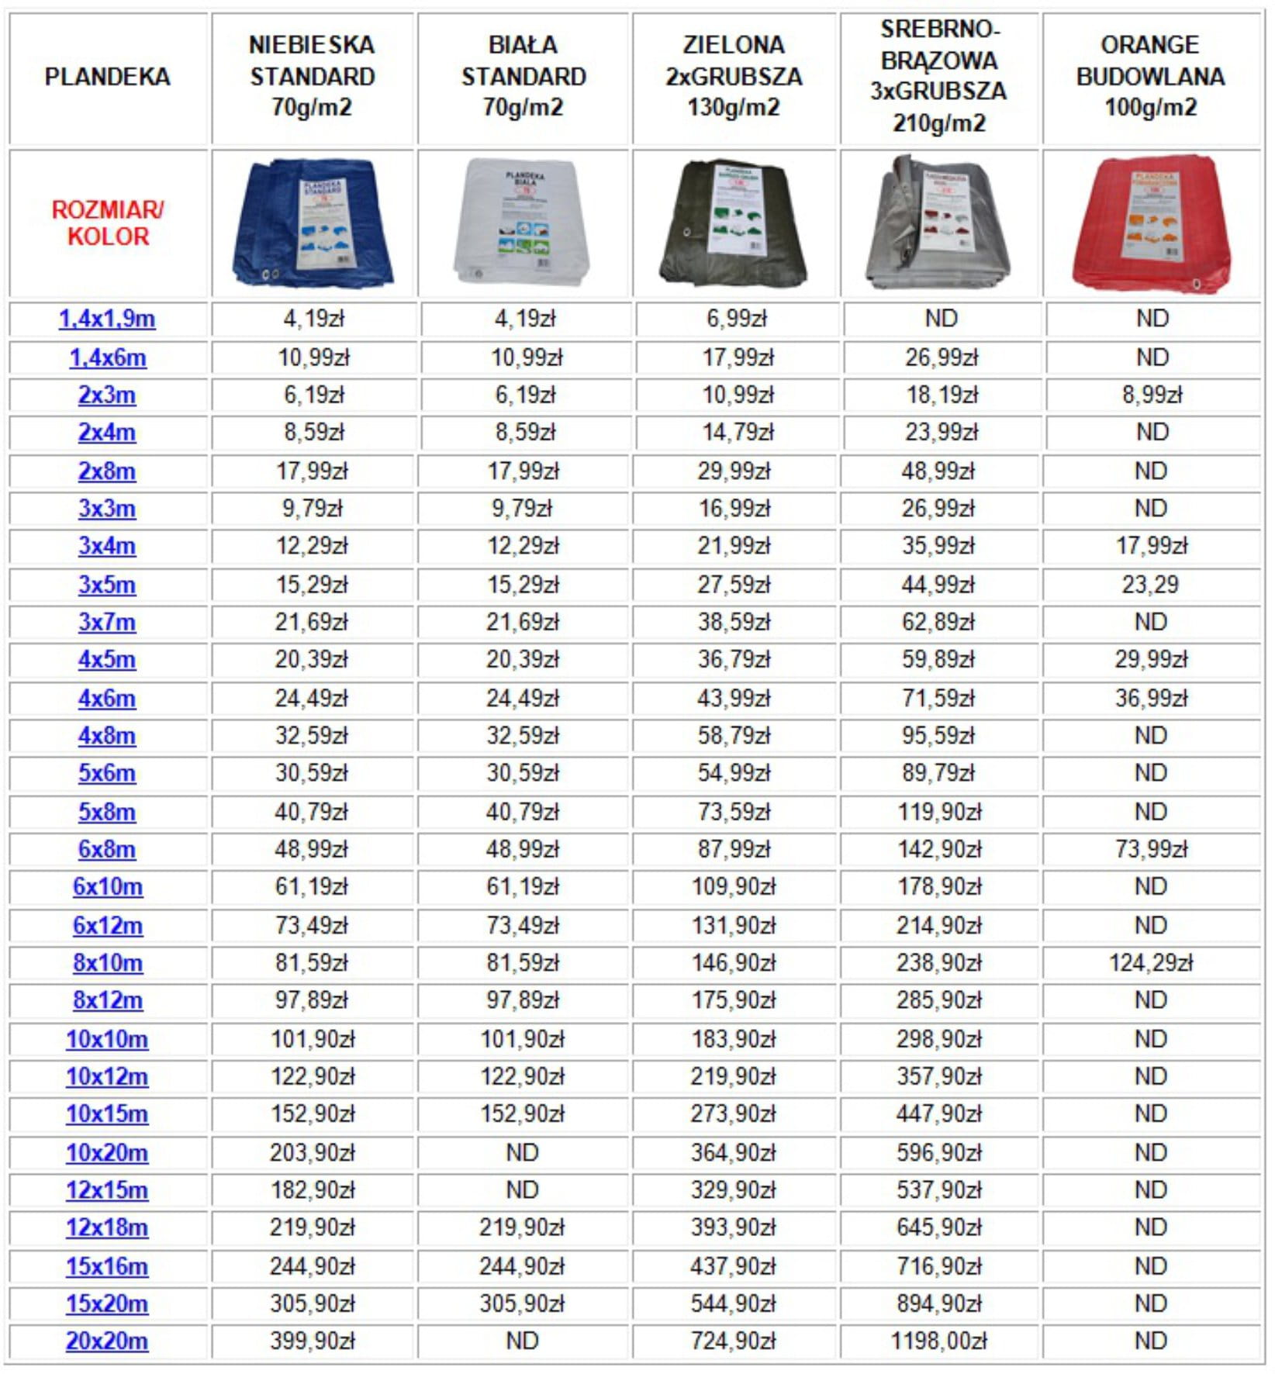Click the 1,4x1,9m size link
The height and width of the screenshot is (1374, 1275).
tap(107, 319)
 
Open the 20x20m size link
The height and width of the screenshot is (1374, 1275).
tap(107, 1341)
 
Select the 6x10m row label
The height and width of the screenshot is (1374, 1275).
tap(107, 886)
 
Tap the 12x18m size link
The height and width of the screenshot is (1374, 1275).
tap(107, 1227)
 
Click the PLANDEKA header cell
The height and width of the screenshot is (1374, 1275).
tap(107, 77)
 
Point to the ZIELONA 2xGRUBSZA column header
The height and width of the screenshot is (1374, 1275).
tap(734, 77)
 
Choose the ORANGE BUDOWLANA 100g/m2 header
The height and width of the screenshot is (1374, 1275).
tap(1150, 77)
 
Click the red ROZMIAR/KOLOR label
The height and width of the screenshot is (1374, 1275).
tap(107, 223)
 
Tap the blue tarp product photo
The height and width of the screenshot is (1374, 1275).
tap(313, 223)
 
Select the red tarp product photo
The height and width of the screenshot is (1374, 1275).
tap(1150, 223)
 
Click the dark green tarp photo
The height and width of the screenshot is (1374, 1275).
tap(734, 223)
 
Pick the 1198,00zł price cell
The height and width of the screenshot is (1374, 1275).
tap(938, 1341)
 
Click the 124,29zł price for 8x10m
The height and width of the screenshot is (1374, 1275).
tap(1150, 962)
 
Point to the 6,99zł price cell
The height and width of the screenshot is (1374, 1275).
tap(736, 319)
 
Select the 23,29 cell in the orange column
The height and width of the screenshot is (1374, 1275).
tap(1150, 584)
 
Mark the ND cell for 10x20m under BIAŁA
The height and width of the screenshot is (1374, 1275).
tap(522, 1152)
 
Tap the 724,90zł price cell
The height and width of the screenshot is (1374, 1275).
tap(733, 1341)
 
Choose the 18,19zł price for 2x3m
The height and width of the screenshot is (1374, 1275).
tap(942, 395)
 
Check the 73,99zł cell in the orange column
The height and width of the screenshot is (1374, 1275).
tap(1151, 849)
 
